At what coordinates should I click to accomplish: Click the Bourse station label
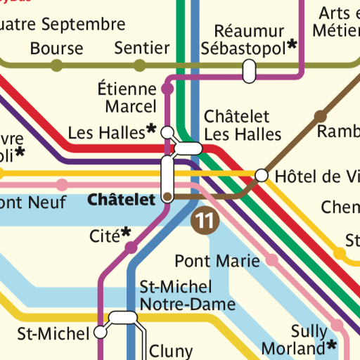click(56, 49)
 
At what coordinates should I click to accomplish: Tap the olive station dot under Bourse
click(56, 66)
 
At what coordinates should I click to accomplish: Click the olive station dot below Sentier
click(140, 66)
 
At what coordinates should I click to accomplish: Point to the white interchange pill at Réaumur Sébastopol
click(248, 70)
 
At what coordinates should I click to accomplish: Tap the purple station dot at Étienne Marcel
click(167, 89)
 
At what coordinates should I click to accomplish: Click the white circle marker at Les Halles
click(167, 132)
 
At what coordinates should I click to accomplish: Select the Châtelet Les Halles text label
click(243, 125)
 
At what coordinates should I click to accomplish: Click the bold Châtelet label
click(121, 200)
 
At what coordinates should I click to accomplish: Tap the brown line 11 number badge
click(205, 220)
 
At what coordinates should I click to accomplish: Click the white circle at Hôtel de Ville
click(262, 175)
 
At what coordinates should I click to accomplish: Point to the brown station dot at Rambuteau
click(321, 115)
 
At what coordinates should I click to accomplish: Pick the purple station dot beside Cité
click(131, 247)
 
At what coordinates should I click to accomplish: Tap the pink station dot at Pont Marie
click(272, 262)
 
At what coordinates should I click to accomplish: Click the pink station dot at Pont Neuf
click(62, 185)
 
